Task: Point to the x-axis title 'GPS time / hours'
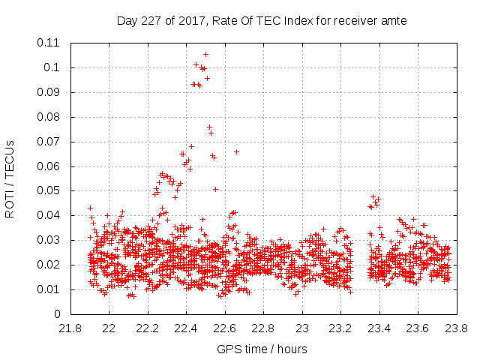(262, 349)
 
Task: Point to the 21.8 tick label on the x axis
(70, 328)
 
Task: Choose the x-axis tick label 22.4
(187, 328)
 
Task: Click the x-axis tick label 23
(302, 328)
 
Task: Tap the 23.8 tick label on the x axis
(457, 328)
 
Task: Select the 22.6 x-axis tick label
(225, 328)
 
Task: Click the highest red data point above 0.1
(205, 54)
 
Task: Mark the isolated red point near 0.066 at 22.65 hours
(236, 151)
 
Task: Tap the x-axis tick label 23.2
(341, 328)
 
